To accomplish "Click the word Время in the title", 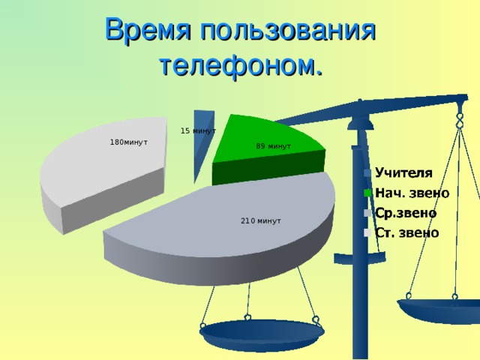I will (x=147, y=31).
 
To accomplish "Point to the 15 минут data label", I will (x=198, y=131).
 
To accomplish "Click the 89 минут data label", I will (x=273, y=146).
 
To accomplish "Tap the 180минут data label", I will (x=129, y=142).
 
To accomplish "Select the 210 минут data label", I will (x=260, y=221).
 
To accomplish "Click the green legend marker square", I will (x=367, y=193).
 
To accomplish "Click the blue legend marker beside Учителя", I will (x=367, y=172).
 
